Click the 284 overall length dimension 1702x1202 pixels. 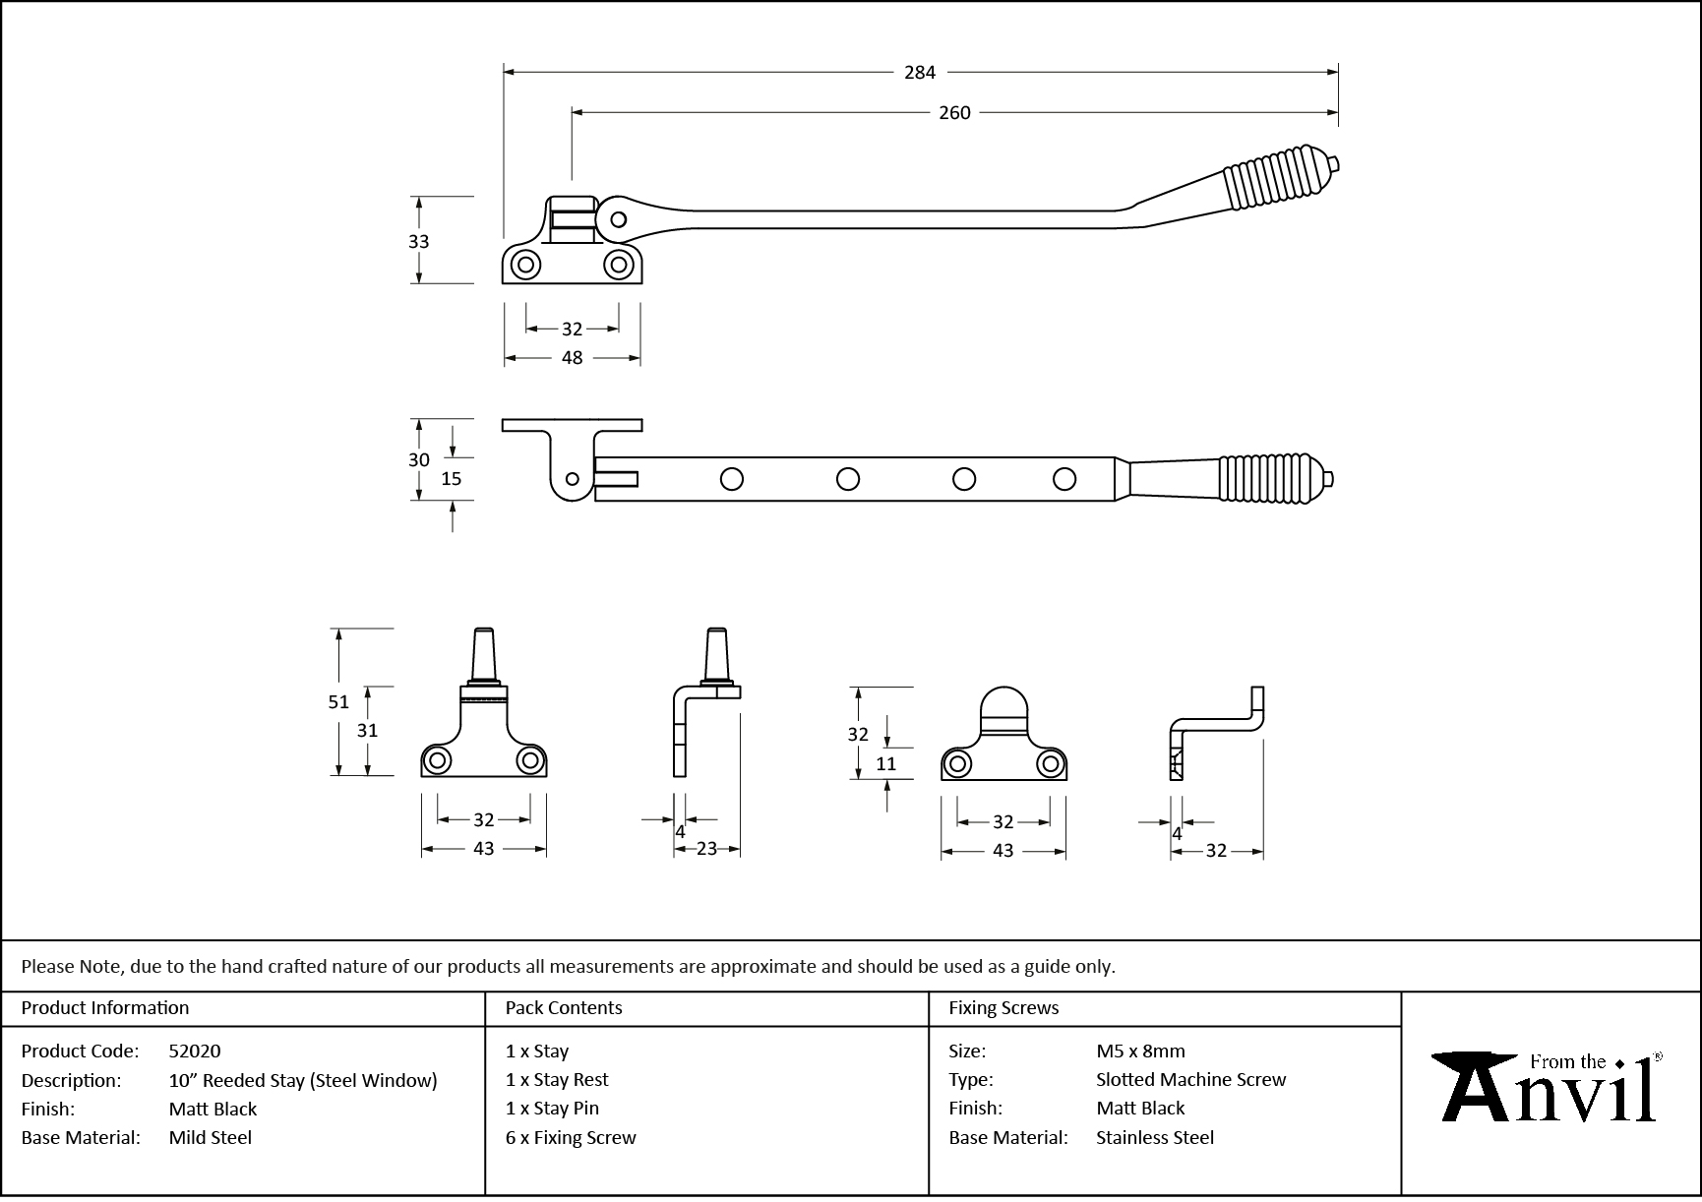(x=920, y=72)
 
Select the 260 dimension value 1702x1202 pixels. (x=954, y=113)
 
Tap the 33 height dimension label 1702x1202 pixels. (x=418, y=242)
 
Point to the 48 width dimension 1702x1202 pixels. (x=572, y=358)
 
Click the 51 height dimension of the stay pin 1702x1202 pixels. (x=338, y=702)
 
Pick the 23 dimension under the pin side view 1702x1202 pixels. (x=706, y=849)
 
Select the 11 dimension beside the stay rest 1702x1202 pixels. (x=885, y=764)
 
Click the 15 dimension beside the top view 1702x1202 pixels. (x=451, y=479)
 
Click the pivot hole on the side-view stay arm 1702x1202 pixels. (x=618, y=218)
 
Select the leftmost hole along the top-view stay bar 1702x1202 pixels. (x=731, y=479)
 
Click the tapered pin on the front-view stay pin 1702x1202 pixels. (x=484, y=652)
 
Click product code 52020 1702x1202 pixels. (x=195, y=1052)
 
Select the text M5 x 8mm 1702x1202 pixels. (x=1140, y=1052)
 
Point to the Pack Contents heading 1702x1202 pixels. (x=564, y=1008)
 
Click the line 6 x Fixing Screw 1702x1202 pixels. (x=571, y=1138)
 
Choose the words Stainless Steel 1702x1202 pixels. (x=1155, y=1138)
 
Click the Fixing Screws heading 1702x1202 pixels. (x=1003, y=1008)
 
